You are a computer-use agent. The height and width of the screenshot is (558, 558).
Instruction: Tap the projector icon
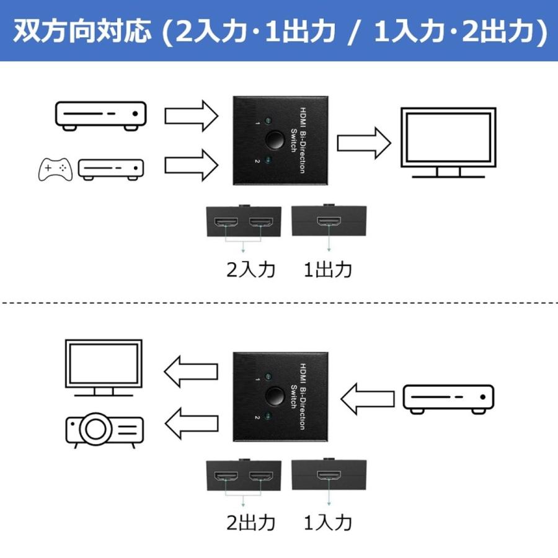[104, 430]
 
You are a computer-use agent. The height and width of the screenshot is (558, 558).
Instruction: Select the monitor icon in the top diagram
[448, 142]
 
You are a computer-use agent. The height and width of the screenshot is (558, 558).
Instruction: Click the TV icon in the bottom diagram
[104, 367]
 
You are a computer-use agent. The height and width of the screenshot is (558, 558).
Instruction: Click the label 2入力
[250, 270]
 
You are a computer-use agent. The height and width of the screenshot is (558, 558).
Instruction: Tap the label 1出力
[329, 270]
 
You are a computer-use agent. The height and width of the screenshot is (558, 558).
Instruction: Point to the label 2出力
[250, 523]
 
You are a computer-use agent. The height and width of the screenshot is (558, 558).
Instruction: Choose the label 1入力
[329, 523]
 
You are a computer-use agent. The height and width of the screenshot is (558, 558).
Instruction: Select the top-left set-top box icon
[101, 116]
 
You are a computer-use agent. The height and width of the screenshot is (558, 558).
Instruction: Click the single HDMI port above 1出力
[329, 222]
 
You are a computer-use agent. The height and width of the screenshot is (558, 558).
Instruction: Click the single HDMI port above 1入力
[329, 476]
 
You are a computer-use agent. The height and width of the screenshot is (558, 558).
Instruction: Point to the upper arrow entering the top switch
[191, 115]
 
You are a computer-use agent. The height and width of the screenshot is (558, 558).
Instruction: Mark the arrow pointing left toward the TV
[191, 371]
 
